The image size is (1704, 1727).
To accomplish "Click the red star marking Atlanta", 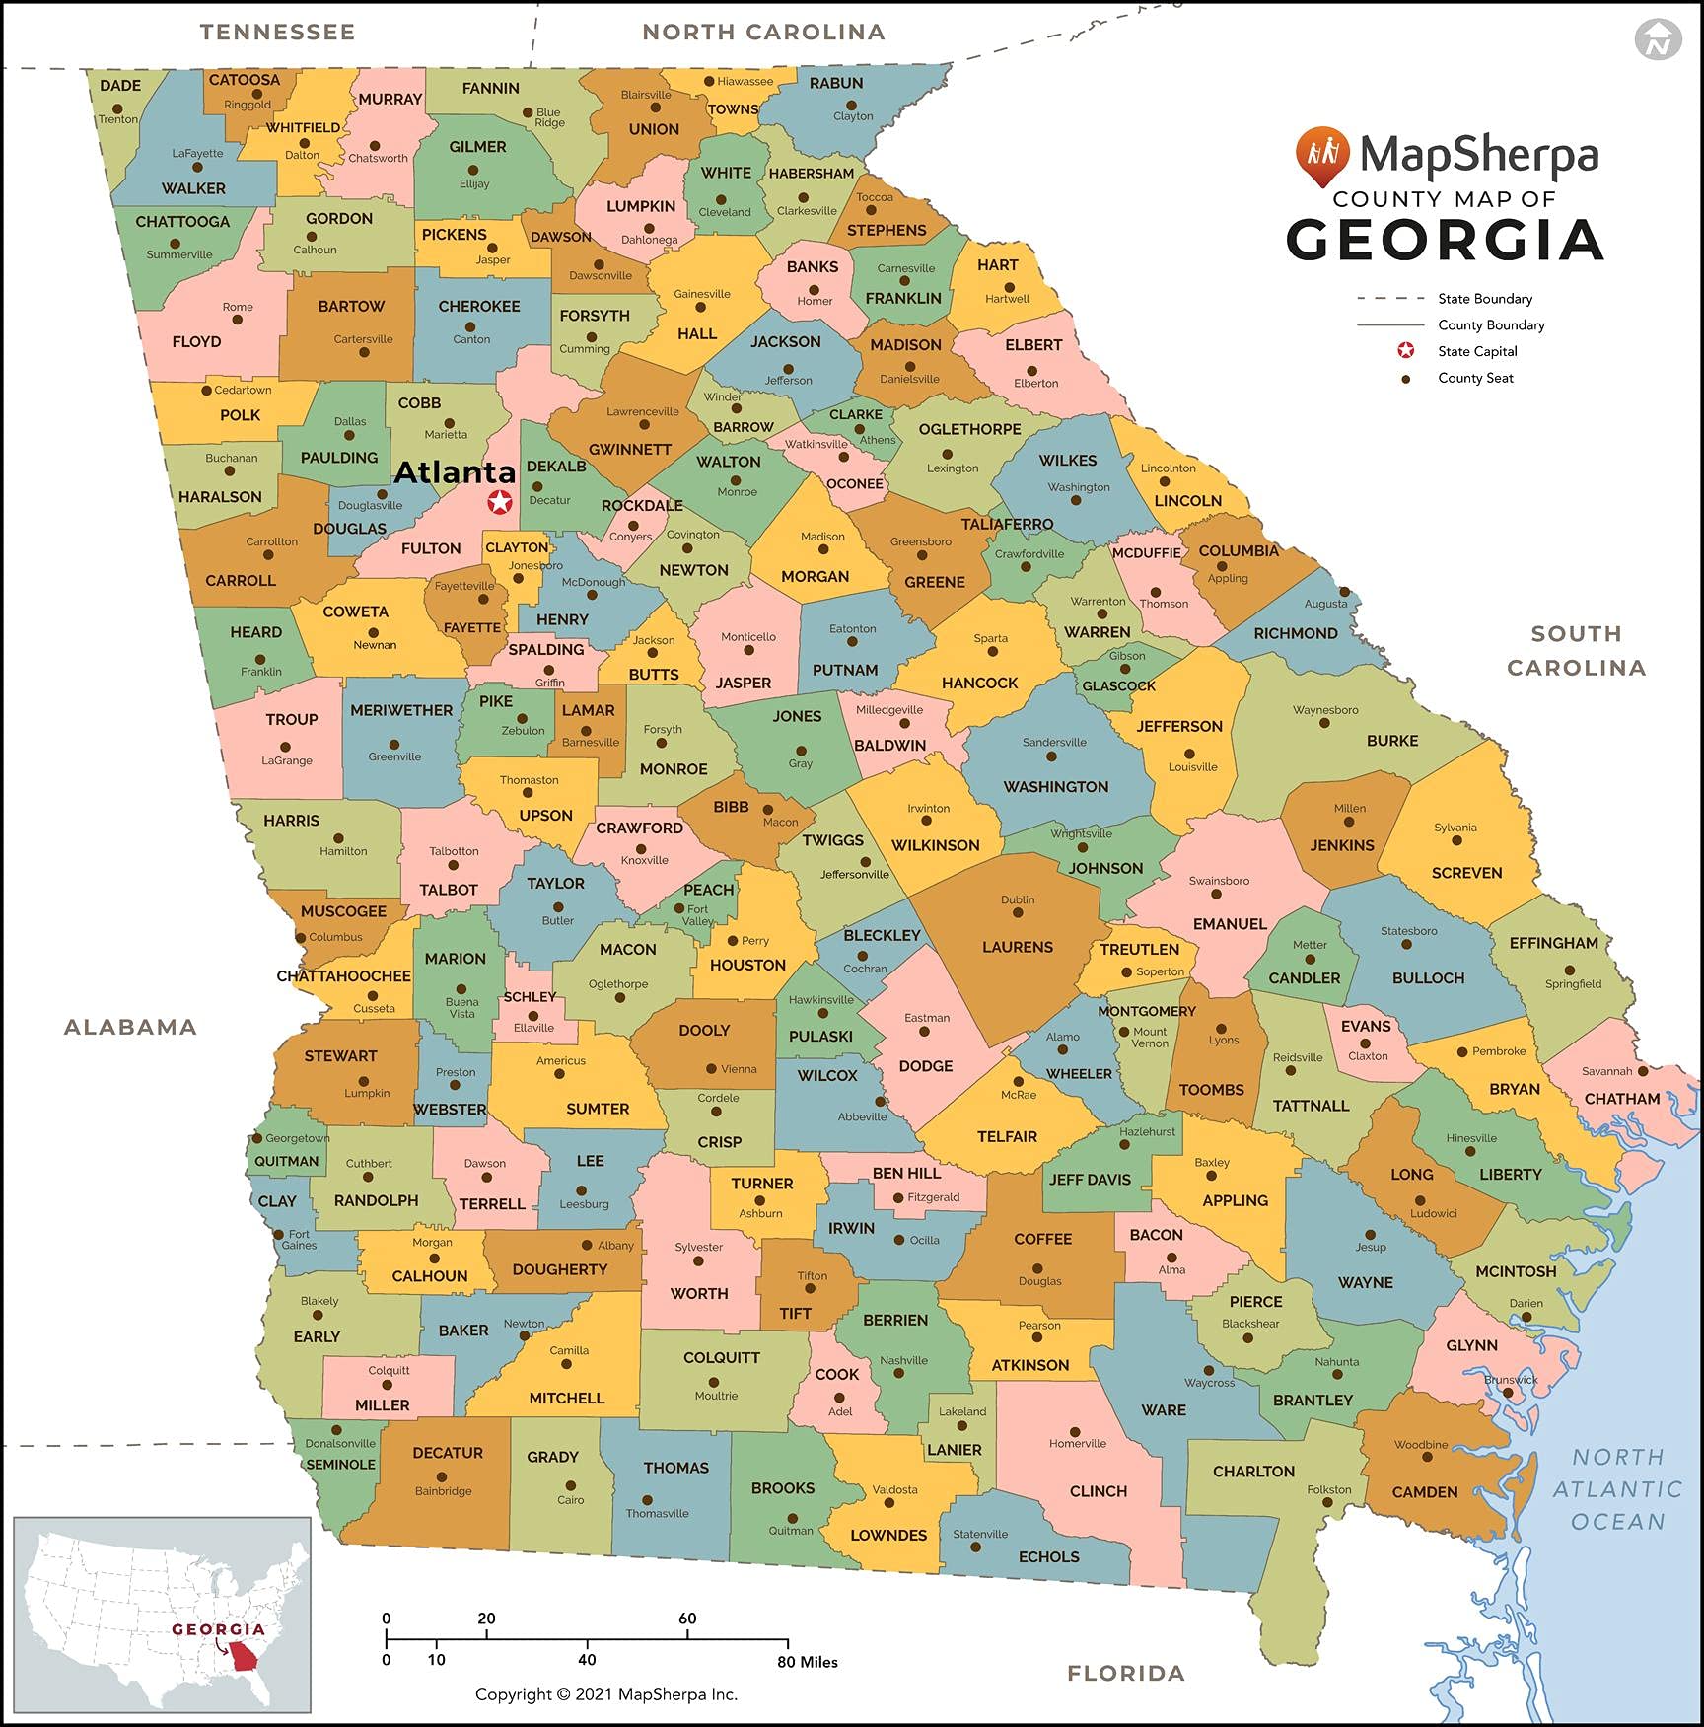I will point(500,502).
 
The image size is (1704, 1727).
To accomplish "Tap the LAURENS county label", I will point(1017,947).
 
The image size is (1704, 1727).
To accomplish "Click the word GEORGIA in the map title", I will point(1445,241).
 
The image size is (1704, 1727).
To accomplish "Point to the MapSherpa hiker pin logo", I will point(1321,156).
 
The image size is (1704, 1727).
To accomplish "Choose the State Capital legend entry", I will point(1476,351).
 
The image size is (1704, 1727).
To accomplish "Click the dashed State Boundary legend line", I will point(1390,298).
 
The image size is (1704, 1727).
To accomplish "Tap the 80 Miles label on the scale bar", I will point(807,1662).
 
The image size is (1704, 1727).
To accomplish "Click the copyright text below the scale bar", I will point(605,1694).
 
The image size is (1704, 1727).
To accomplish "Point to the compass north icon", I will point(1658,39).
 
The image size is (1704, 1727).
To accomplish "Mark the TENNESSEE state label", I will point(277,32).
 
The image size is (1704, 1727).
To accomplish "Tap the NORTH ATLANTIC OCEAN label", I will point(1617,1489).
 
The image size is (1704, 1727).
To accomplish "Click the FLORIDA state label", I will point(1125,1673).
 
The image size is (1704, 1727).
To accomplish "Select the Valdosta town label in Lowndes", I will point(894,1489).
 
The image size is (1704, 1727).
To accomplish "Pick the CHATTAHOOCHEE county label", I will point(343,975).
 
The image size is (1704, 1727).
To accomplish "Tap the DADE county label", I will point(120,85).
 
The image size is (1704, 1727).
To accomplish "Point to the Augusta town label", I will point(1324,604).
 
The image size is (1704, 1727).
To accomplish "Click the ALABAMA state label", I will point(130,1027).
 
